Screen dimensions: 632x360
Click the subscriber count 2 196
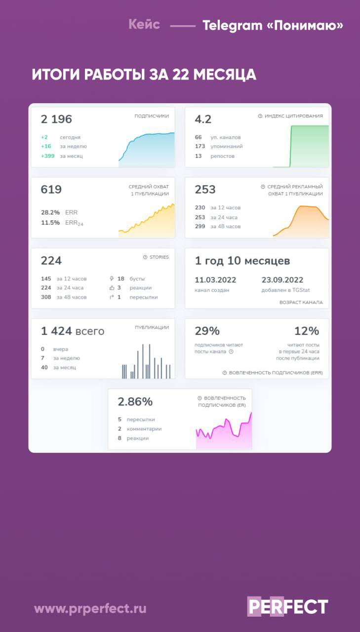coord(56,119)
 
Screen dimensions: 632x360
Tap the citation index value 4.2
coord(203,119)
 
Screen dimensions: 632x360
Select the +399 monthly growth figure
coord(48,156)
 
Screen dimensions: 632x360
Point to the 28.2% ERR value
coord(50,212)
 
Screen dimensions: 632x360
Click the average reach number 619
coord(51,190)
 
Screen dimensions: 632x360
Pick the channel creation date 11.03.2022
coord(215,280)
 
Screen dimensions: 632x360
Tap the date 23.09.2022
coord(282,280)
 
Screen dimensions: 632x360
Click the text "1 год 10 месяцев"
coord(242,261)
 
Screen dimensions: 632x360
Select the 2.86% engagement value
coord(135,401)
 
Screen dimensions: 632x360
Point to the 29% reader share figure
coord(207,331)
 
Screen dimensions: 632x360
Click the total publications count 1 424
coord(57,331)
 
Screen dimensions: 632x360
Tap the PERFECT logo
coord(287,607)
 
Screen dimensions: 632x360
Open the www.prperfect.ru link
coord(90,608)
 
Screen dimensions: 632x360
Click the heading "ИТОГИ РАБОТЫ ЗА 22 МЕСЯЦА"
coord(144,75)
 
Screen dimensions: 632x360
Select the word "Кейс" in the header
coord(144,24)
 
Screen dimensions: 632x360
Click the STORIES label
coord(159,257)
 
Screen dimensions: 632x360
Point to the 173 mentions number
coord(200,146)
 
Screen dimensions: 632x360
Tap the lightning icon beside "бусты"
coord(112,278)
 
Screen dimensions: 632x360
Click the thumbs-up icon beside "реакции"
coord(112,288)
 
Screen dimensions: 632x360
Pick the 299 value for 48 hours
coord(200,226)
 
